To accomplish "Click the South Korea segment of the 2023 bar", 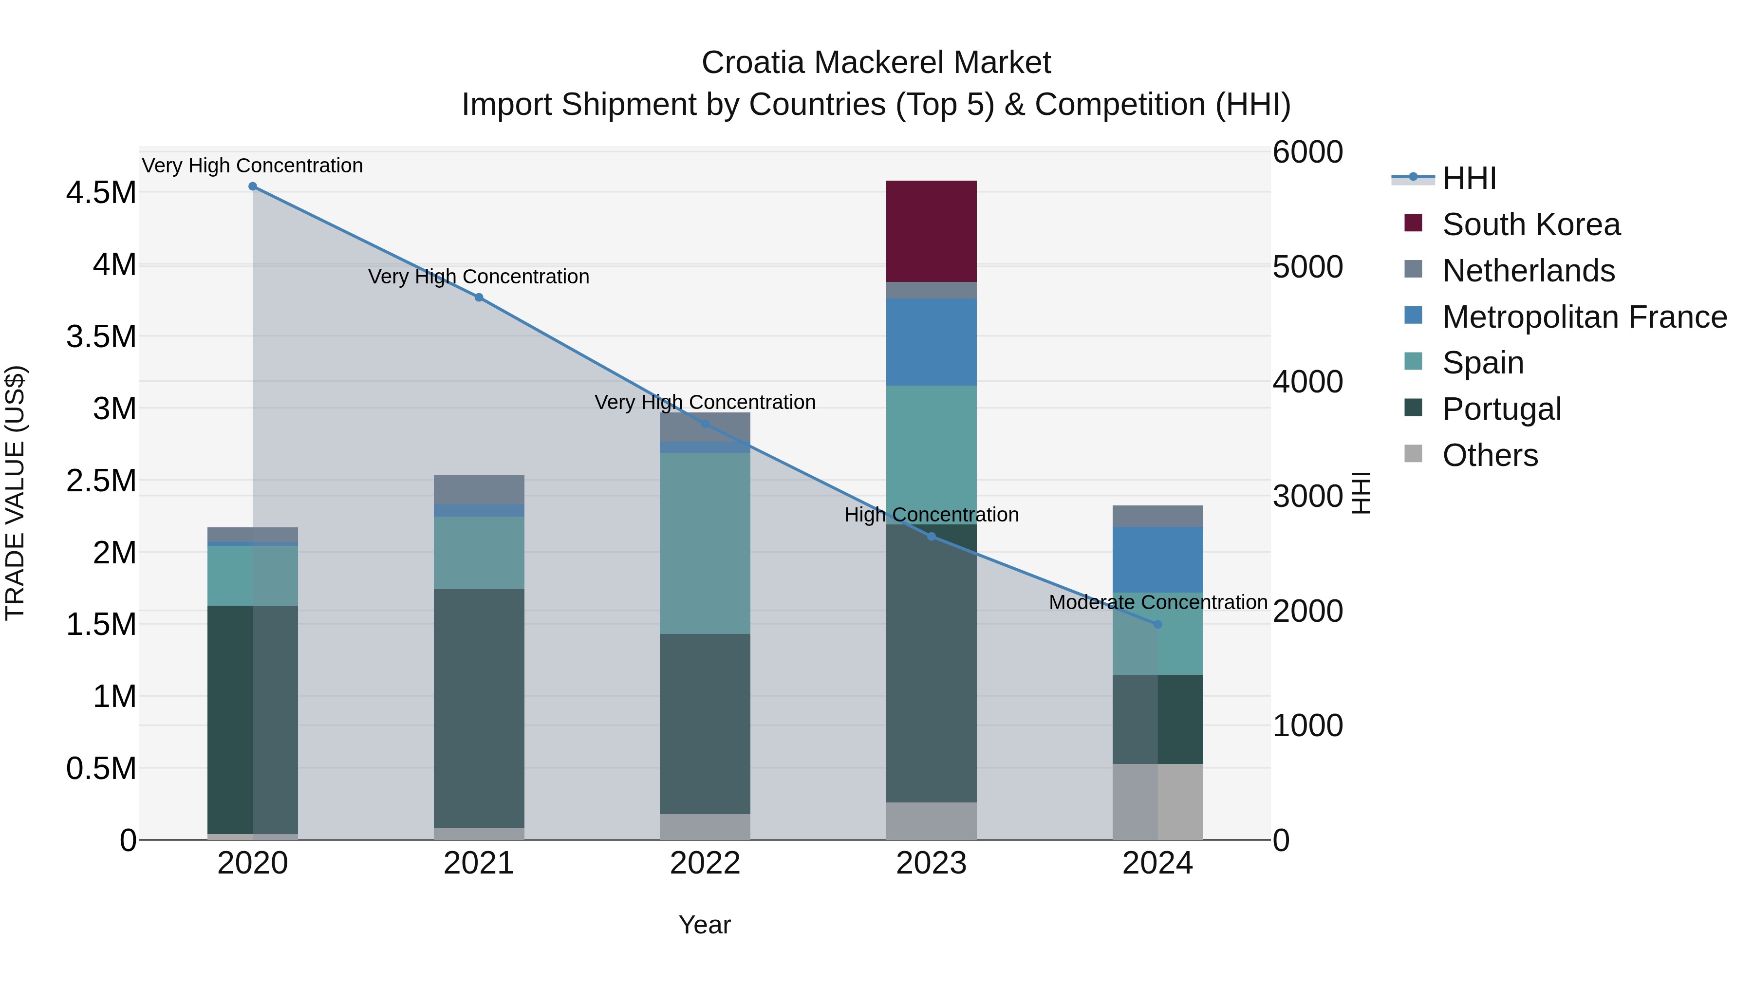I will [x=931, y=231].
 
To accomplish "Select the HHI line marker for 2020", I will [x=252, y=186].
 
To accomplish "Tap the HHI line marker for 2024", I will [x=1157, y=624].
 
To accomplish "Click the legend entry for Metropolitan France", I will [x=1584, y=317].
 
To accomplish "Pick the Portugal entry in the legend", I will [x=1501, y=409].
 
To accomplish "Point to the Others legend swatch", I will [x=1414, y=454].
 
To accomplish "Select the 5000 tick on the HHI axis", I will [x=1307, y=267].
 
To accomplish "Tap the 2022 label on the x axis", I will [x=705, y=863].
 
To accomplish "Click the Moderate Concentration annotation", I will [x=1157, y=602].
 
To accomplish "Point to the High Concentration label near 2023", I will [x=931, y=515].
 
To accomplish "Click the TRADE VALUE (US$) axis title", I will [x=15, y=493].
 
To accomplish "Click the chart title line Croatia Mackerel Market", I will [x=876, y=63].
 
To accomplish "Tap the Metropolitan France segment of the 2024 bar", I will [x=1157, y=559].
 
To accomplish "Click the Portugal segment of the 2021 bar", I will [x=479, y=707].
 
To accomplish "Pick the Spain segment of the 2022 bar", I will [x=705, y=543].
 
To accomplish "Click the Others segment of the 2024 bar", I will [x=1157, y=801].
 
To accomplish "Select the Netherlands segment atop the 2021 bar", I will [x=479, y=489].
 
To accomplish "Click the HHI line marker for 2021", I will [x=479, y=298].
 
